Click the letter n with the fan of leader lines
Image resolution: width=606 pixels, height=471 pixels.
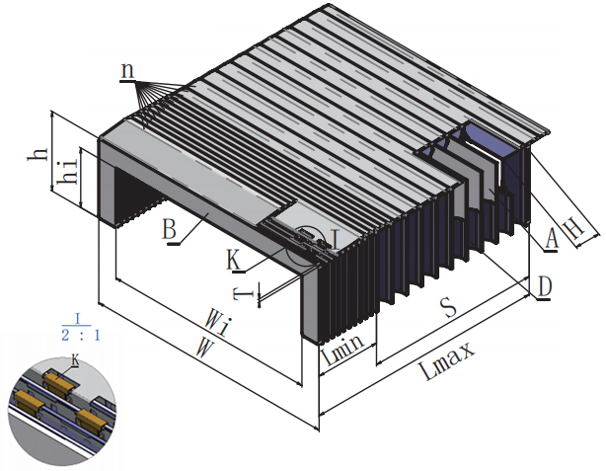tap(127, 70)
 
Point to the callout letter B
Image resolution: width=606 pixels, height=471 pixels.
tap(169, 230)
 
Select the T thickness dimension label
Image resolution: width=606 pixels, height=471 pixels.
tap(239, 292)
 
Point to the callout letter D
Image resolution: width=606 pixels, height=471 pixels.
tap(544, 285)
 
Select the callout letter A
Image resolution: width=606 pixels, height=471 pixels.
tap(551, 239)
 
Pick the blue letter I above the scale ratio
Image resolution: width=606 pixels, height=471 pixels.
tap(79, 318)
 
